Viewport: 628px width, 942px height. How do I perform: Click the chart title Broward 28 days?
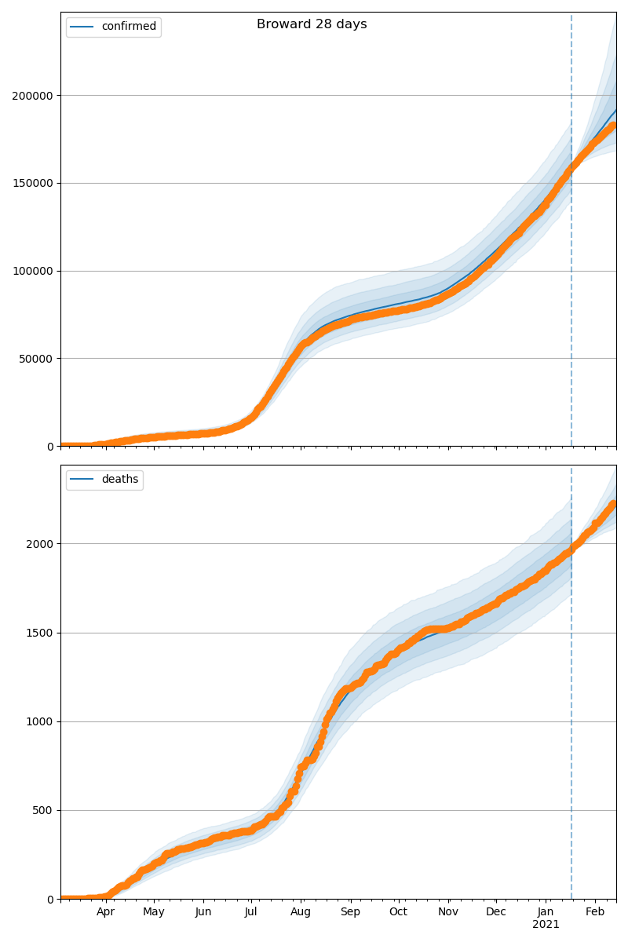coord(312,24)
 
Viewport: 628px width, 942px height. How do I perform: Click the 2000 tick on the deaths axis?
coord(40,544)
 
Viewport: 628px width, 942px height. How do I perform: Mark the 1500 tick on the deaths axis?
coord(40,633)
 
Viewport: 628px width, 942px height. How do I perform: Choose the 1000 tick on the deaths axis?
coord(40,721)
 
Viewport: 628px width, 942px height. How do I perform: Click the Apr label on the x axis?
coord(105,912)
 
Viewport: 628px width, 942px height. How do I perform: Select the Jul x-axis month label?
coord(250,912)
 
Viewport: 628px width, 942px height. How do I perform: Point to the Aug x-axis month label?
coord(301,912)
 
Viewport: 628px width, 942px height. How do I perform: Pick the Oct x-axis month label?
coord(399,912)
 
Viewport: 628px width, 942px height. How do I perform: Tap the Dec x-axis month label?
coord(496,912)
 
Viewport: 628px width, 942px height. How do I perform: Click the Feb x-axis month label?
coord(595,912)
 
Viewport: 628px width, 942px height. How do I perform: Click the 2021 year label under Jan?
coord(546,925)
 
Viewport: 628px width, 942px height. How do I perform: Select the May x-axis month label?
coord(154,912)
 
